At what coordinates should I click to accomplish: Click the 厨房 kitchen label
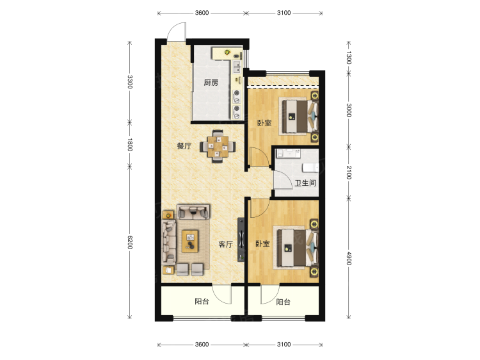pyautogui.click(x=211, y=83)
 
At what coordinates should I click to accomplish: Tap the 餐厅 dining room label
pyautogui.click(x=184, y=146)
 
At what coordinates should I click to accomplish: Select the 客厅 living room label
pyautogui.click(x=226, y=244)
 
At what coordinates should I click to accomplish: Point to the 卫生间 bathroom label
pyautogui.click(x=305, y=183)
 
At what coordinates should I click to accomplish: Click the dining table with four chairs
pyautogui.click(x=218, y=147)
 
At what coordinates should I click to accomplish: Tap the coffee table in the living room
pyautogui.click(x=190, y=241)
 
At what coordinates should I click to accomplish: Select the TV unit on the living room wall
pyautogui.click(x=241, y=240)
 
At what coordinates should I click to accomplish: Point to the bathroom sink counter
pyautogui.click(x=288, y=153)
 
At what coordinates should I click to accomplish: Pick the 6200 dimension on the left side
pyautogui.click(x=130, y=242)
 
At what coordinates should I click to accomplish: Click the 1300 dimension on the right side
pyautogui.click(x=349, y=58)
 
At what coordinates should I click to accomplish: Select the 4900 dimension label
pyautogui.click(x=349, y=258)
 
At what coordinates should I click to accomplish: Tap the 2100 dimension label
pyautogui.click(x=349, y=172)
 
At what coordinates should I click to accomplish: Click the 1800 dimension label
pyautogui.click(x=130, y=144)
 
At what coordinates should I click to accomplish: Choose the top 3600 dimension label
pyautogui.click(x=202, y=13)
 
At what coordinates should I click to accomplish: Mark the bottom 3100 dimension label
pyautogui.click(x=284, y=345)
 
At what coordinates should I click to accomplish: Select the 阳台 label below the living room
pyautogui.click(x=202, y=301)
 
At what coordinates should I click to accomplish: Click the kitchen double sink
pyautogui.click(x=237, y=67)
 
